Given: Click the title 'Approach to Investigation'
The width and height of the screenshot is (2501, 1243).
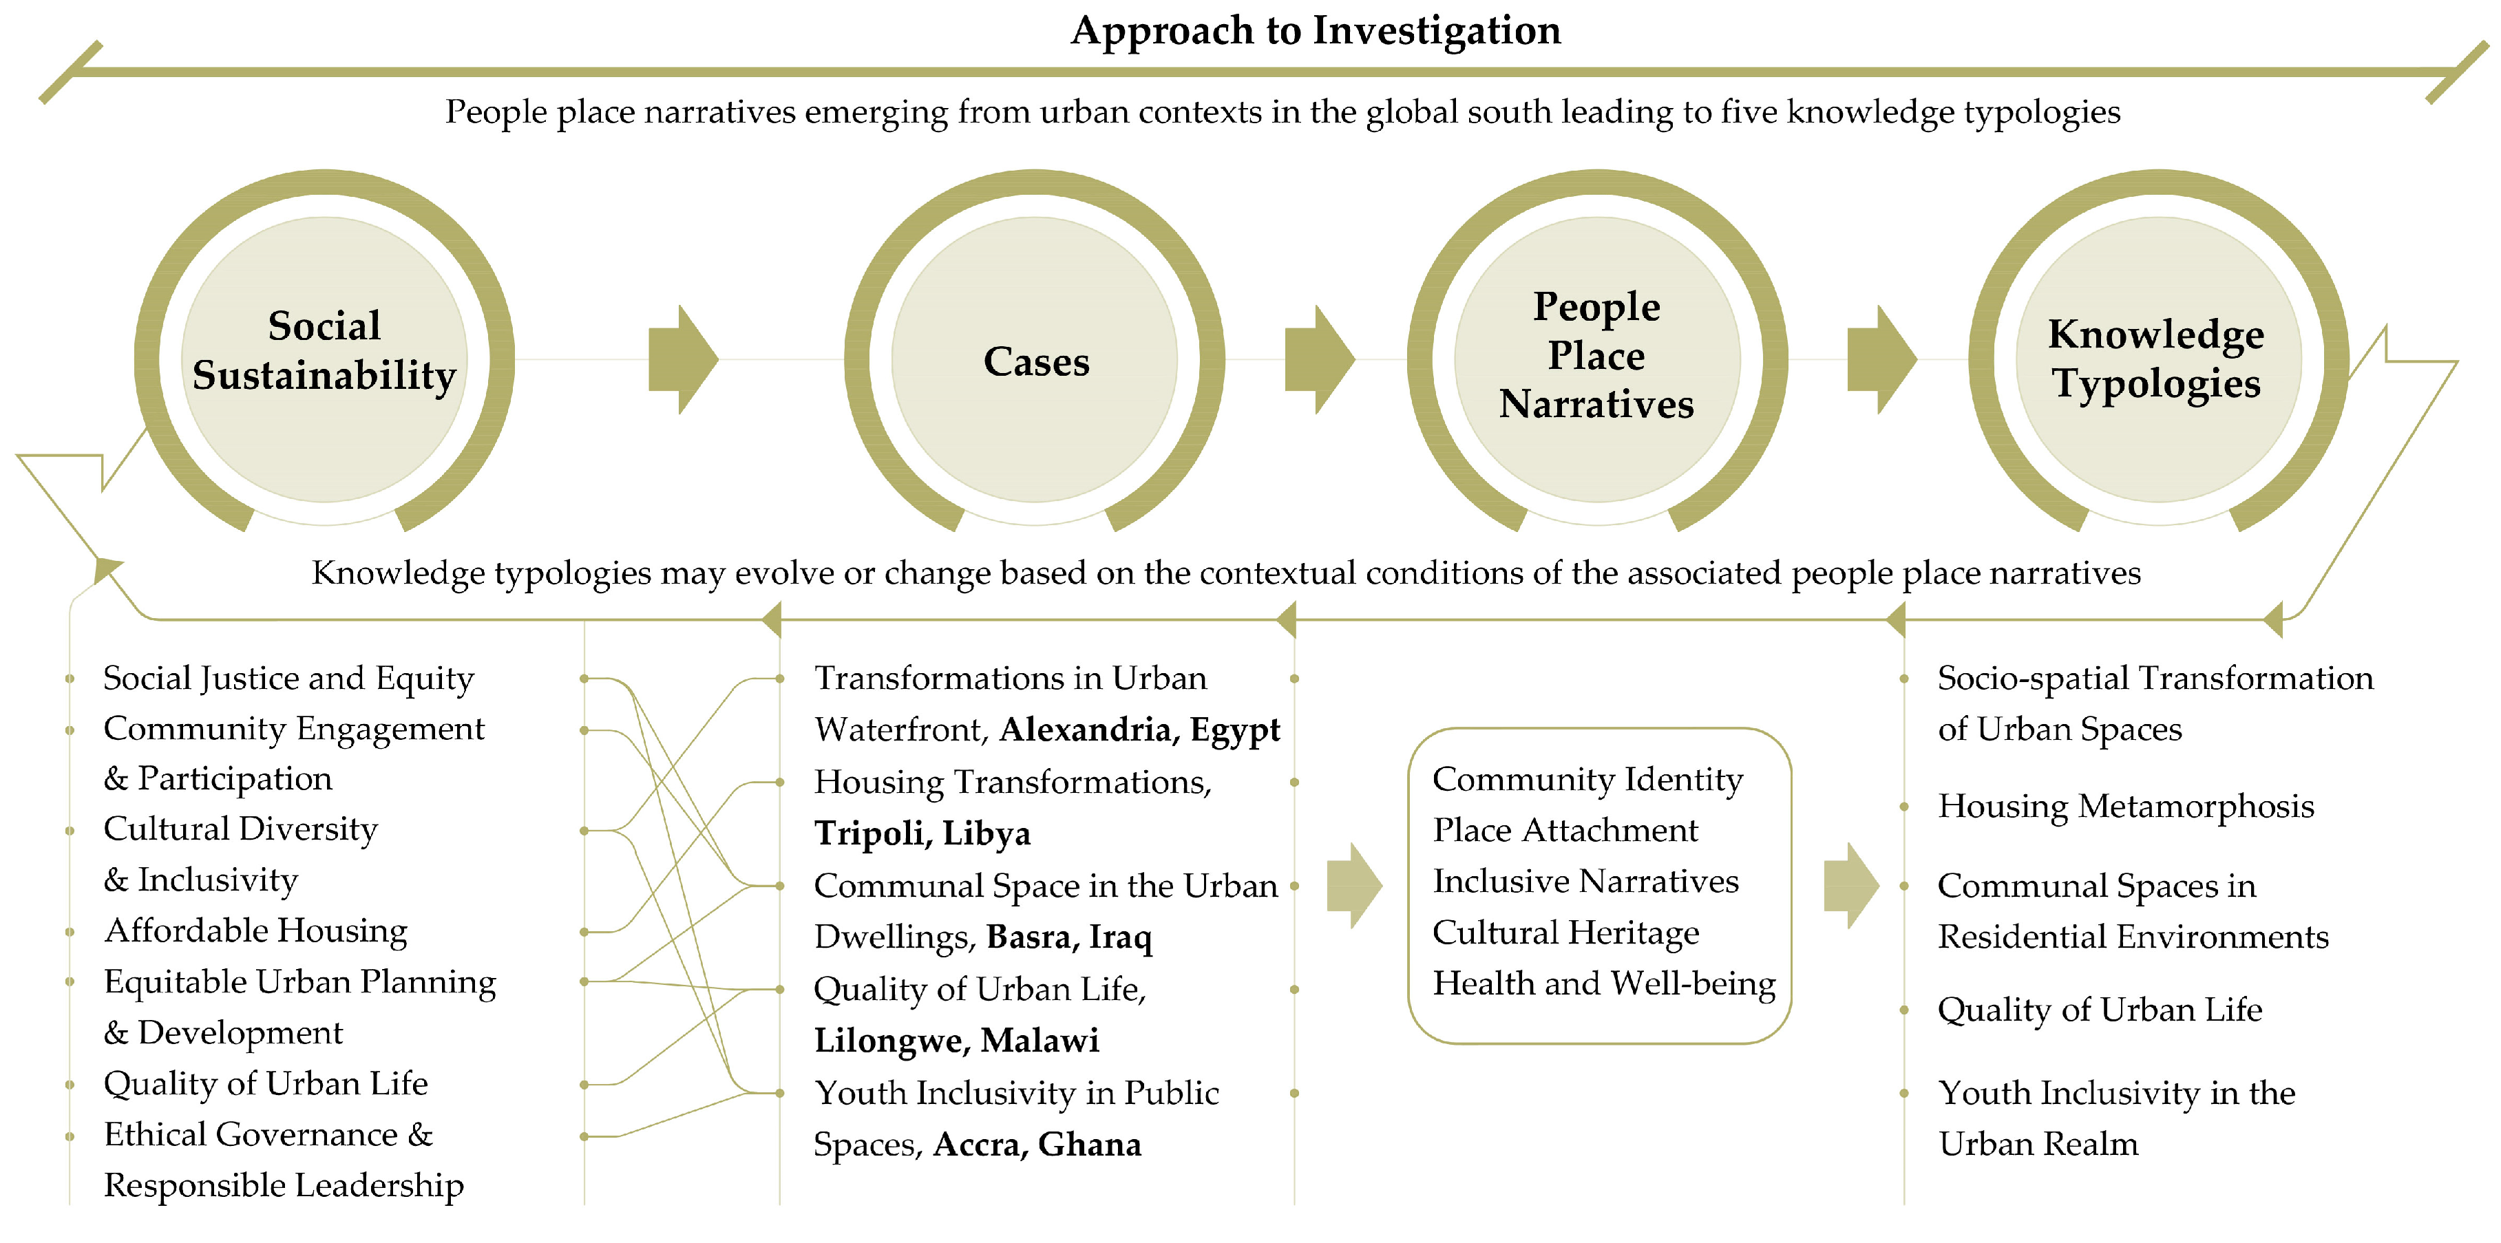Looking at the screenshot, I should pos(1316,31).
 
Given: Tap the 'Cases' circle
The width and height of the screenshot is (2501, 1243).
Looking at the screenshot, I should pos(1035,361).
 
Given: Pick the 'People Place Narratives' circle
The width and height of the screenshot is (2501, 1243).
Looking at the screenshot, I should pos(1596,355).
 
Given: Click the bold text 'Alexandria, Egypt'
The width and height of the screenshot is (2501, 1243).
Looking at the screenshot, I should pos(1140,730).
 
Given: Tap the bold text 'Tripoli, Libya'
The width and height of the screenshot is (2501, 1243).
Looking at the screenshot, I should pos(922,833).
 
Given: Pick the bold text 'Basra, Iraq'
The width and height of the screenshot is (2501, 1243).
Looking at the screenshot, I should pos(1069,937).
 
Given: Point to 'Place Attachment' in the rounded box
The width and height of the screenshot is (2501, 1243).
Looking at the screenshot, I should pos(1565,831).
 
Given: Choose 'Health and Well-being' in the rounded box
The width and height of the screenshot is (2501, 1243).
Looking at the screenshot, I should pos(1604,984).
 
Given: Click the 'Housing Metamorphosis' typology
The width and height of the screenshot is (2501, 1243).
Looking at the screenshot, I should pos(2125,807).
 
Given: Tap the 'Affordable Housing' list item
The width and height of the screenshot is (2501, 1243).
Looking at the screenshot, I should pos(256,931).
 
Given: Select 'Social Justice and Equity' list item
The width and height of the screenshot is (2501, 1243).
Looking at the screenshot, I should pos(288,678).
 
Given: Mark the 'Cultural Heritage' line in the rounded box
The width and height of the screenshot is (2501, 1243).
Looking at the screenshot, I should pos(1565,933).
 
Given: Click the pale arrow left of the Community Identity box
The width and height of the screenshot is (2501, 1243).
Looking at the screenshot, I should pos(1354,886).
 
